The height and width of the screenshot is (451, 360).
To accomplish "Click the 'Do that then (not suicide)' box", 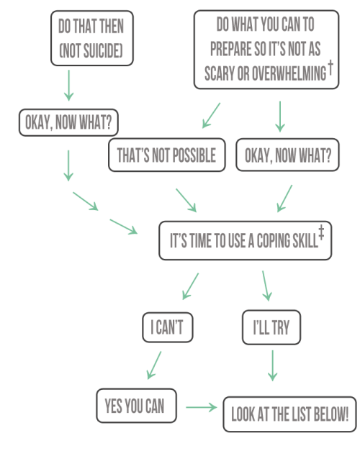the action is click(92, 38).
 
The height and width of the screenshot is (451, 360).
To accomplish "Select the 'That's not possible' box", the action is click(167, 155).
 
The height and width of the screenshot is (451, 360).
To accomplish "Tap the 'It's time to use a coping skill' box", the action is click(246, 240).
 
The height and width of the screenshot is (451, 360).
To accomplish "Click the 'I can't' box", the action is click(168, 327).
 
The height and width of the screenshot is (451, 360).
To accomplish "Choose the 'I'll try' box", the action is click(271, 327).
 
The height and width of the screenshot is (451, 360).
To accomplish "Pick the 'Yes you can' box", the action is click(136, 406).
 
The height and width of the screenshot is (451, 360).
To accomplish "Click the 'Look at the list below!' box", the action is click(289, 414).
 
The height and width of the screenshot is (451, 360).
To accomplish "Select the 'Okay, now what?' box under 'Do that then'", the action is click(68, 122).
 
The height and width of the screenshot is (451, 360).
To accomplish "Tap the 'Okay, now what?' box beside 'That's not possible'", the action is click(287, 155).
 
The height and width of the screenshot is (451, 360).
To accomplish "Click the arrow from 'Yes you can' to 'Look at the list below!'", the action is click(202, 407).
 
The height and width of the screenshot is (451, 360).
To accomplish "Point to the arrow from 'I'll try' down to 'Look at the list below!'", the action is click(272, 365).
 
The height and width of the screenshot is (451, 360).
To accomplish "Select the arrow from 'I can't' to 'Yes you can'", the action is click(154, 365).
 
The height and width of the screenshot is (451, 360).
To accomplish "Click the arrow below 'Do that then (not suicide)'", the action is click(68, 86).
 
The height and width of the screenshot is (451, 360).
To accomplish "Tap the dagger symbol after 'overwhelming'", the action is click(330, 68).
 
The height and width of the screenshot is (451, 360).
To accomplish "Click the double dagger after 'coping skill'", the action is click(321, 233).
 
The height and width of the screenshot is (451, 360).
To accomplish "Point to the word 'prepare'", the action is click(230, 49).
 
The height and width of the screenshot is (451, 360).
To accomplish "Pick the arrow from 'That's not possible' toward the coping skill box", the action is click(186, 201).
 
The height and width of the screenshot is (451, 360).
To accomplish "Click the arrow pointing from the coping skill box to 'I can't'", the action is click(190, 286).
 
